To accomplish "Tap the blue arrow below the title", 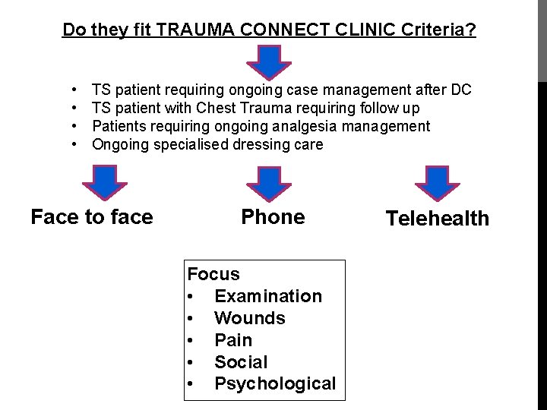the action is [272, 61].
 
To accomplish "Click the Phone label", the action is [273, 217].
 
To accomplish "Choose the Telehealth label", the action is [438, 219].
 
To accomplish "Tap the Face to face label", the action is [92, 217].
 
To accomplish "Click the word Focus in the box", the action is [213, 274].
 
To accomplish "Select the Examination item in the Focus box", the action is [268, 296].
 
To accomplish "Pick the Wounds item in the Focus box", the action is [250, 318].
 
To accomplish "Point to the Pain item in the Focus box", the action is [233, 340].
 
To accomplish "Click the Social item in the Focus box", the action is [241, 362].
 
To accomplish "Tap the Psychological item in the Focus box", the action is [275, 384].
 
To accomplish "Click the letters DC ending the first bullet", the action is [460, 90].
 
